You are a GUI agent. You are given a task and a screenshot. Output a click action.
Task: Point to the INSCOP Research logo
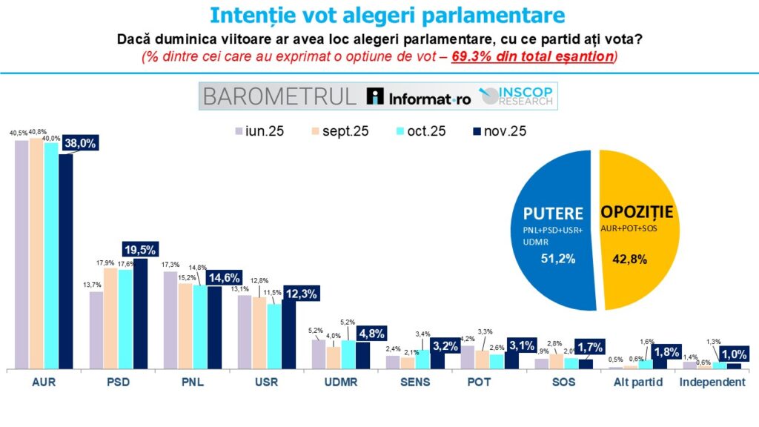point(517,96)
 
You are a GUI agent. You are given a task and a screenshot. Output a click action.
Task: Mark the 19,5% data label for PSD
point(139,249)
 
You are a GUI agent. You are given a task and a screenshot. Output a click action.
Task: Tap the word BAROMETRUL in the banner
point(279,96)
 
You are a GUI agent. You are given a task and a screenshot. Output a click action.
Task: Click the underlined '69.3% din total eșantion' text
point(532,56)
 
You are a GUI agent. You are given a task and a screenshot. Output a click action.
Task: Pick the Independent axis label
point(712,383)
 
